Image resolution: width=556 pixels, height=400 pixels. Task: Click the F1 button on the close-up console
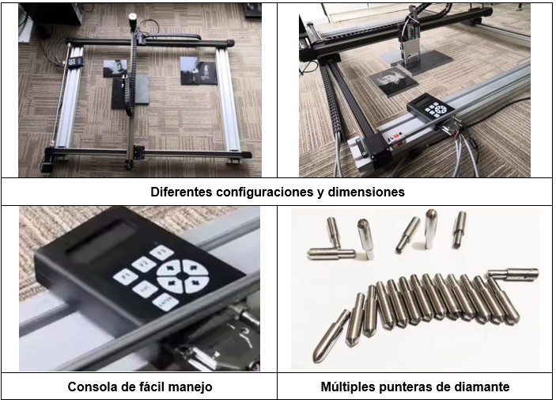pos(125,276)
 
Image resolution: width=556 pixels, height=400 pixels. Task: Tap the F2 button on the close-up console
pos(143,265)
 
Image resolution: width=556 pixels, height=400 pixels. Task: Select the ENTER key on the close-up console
pos(165,303)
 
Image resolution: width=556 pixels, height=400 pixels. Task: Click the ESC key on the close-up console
pos(145,290)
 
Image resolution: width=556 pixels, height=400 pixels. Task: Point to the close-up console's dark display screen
pos(100,242)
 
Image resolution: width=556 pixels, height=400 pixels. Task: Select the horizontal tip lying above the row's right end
pos(513,274)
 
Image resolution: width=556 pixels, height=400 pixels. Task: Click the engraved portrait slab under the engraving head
pos(393,82)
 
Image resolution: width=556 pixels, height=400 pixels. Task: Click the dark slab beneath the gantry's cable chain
pos(130,91)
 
